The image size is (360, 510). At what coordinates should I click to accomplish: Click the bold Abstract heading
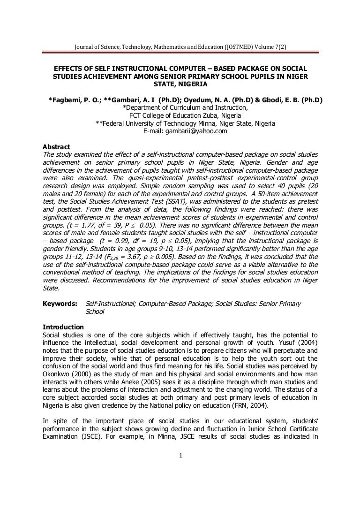point(56,146)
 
